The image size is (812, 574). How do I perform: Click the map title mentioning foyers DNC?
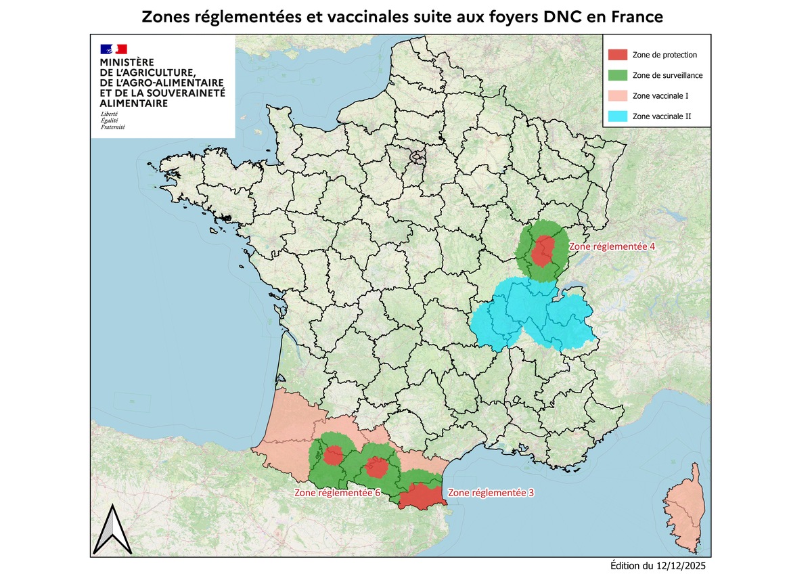tap(402, 16)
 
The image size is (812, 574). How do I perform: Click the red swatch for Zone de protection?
tap(618, 55)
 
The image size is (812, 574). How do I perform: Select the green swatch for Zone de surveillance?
tap(618, 75)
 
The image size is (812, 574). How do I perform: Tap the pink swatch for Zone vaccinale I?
tap(618, 96)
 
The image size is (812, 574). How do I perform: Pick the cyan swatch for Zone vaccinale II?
tap(618, 116)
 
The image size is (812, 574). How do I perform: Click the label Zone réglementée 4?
tap(611, 248)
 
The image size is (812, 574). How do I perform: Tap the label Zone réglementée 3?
tap(491, 493)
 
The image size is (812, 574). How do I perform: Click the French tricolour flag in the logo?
tap(114, 49)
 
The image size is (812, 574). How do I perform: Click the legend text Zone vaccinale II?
tap(661, 117)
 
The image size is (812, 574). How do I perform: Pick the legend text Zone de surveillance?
tap(666, 76)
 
